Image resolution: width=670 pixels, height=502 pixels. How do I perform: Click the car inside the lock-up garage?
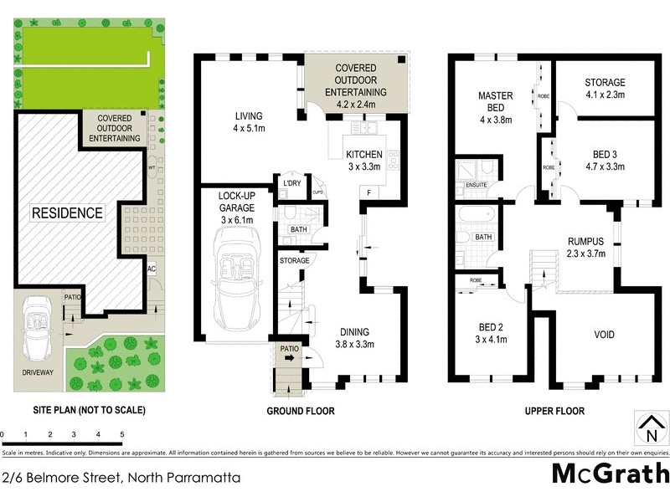pos(237,272)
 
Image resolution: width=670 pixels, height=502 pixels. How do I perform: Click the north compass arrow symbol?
pos(649,428)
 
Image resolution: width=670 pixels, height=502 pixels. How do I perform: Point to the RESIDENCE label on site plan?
pos(67,213)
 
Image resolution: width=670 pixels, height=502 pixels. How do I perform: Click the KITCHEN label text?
pos(363,154)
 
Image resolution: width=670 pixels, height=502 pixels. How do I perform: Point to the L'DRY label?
pos(291,183)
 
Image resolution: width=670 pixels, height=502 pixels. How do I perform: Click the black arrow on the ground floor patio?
pos(290,356)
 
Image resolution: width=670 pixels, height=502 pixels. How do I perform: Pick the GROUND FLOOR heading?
pos(301,411)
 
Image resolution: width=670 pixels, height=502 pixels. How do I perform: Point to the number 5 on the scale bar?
pos(122,435)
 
